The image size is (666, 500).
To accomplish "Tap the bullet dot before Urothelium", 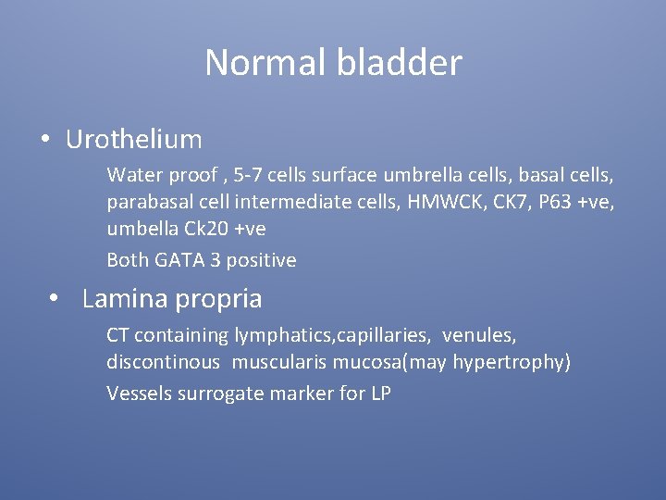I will pos(44,140).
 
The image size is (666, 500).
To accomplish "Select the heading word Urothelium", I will pos(134,140).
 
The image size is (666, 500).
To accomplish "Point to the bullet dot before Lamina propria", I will pos(56,299).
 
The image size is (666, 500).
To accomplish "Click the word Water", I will pos(132,174).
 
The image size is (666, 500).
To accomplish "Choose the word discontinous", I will pos(164,363).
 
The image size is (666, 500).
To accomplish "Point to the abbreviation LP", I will pos(380,393).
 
